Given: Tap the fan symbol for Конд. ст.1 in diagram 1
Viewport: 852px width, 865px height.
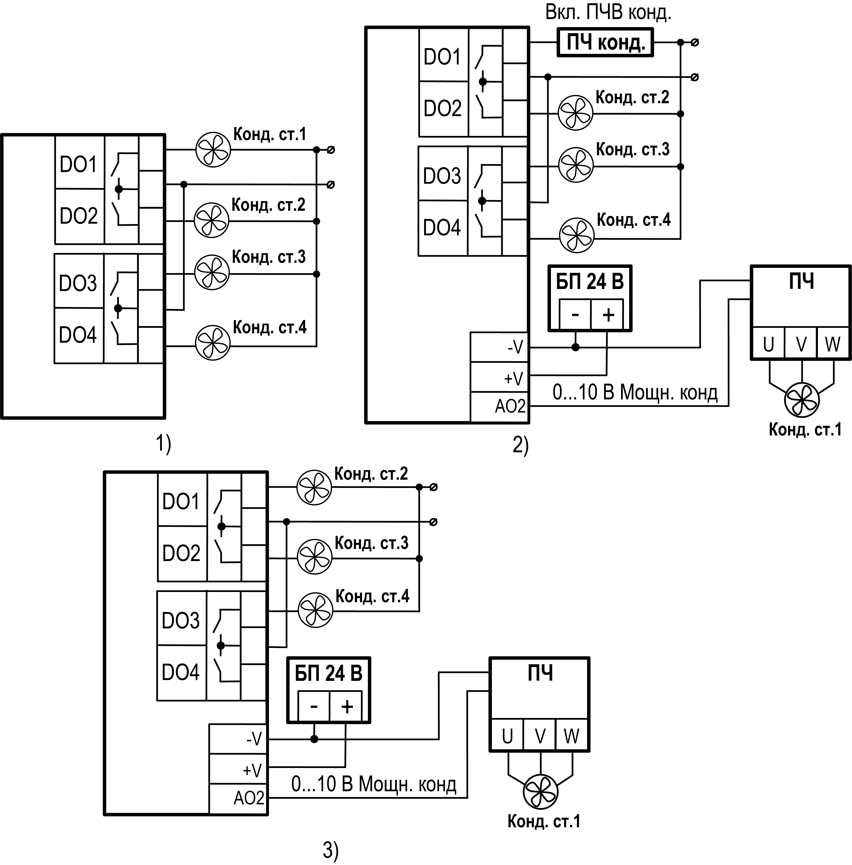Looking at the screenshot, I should pyautogui.click(x=213, y=150).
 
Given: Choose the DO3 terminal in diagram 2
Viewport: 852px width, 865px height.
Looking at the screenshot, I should pyautogui.click(x=442, y=175).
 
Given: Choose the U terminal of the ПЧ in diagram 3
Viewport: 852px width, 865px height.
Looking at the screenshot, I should pyautogui.click(x=507, y=736).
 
